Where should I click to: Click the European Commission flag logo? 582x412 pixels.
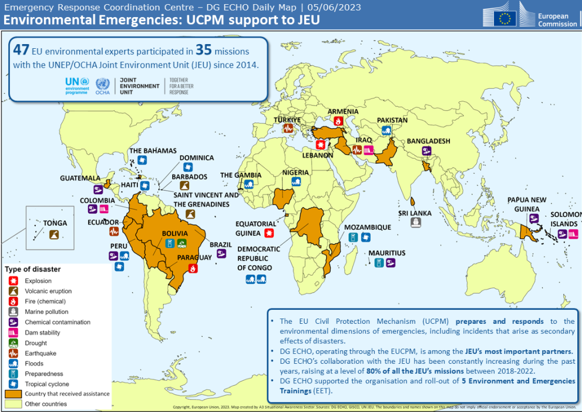pos(504,18)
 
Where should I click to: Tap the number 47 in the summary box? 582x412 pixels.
pos(22,51)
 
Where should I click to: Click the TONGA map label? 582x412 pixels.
pos(55,223)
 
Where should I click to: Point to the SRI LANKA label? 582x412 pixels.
pos(415,213)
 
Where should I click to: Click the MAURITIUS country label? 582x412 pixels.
pos(386,253)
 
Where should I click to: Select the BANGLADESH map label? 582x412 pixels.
pos(428,141)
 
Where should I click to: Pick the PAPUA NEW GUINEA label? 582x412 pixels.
pos(527,204)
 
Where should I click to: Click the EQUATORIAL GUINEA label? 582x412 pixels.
pos(255,227)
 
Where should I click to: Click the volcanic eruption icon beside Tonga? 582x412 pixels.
pos(54,235)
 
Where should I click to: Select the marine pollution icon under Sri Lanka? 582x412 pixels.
pos(415,222)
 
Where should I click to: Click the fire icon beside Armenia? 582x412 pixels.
pos(338,121)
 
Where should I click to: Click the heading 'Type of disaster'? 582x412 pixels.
pos(33,269)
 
